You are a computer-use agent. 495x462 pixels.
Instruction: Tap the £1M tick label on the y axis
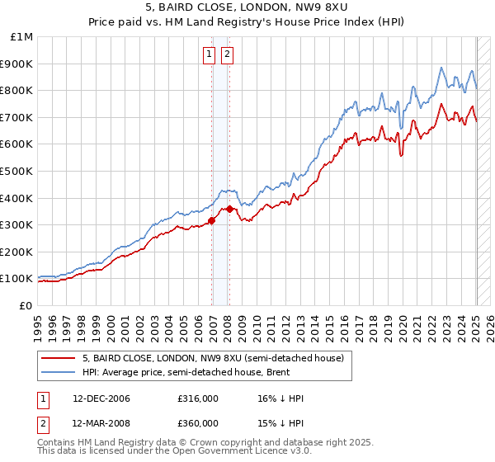coord(22,37)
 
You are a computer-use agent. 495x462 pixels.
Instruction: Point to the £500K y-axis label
coord(17,171)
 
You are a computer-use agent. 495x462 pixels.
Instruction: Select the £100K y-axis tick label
coord(17,278)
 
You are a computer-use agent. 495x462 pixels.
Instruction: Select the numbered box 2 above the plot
coord(226,55)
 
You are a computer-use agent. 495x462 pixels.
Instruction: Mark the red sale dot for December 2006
coord(211,220)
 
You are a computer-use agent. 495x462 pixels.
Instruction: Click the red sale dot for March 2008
coord(229,208)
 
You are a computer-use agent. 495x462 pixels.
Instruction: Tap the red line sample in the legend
coord(58,358)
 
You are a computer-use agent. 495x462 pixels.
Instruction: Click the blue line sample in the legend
coord(58,372)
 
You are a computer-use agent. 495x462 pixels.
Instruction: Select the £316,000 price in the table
coord(198,399)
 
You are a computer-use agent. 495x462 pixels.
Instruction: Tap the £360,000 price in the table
coord(198,423)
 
